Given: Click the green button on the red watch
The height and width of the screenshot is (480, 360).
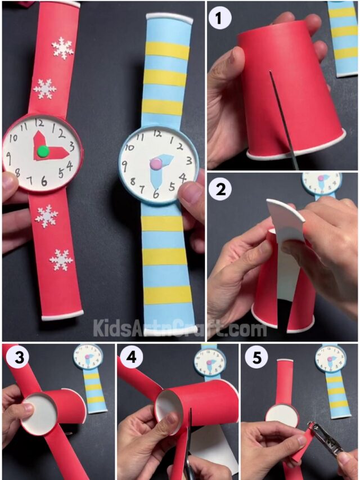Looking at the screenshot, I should (42, 151).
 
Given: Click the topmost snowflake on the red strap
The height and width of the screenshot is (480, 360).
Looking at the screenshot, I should (62, 48).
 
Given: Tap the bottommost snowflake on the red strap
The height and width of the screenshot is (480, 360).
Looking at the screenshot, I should (60, 259).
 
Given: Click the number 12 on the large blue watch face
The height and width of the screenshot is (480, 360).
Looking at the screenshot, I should (157, 134).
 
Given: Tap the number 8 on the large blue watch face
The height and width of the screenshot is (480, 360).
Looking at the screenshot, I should (133, 182).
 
